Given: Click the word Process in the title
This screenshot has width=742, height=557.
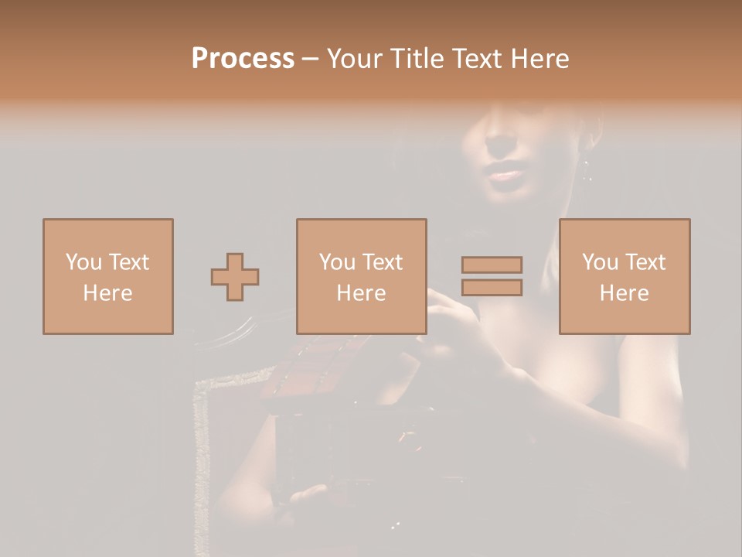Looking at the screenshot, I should tap(243, 58).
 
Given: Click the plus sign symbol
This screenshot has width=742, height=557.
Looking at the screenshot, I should tap(235, 277).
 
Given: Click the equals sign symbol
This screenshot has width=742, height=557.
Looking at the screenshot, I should tap(492, 276).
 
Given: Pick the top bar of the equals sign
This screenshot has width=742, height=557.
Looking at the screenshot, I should tap(492, 265).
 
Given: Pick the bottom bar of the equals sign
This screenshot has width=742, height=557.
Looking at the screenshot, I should tap(492, 288).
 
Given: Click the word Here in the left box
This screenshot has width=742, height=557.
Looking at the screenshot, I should tap(107, 293).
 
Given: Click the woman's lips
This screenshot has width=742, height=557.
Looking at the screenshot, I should tap(506, 175).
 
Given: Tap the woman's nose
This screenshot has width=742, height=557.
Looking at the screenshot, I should tap(499, 143).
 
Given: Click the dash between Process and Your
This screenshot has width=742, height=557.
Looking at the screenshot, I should tap(310, 58).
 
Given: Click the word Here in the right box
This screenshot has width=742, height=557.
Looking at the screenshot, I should tap(624, 293).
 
